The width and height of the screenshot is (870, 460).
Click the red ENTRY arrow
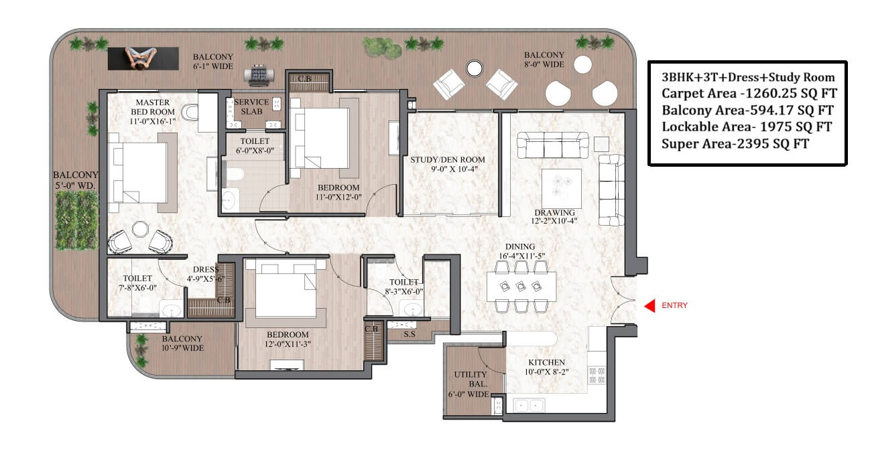click(x=649, y=305)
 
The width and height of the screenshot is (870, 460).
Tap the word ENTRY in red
click(x=674, y=305)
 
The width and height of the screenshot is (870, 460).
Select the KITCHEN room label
click(x=546, y=362)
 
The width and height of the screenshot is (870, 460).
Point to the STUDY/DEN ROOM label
click(x=448, y=159)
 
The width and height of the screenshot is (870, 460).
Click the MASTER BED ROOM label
click(x=153, y=107)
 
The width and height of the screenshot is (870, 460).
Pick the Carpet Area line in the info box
click(x=749, y=94)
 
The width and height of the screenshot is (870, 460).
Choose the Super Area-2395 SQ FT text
click(x=735, y=144)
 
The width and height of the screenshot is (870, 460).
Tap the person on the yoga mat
click(x=141, y=58)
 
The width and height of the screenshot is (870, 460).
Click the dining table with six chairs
click(x=521, y=287)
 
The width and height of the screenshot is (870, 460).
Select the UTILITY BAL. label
click(x=471, y=379)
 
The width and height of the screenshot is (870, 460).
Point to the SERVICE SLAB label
click(x=251, y=106)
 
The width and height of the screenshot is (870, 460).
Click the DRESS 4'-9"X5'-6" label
click(x=206, y=274)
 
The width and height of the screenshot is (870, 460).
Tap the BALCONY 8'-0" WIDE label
click(x=544, y=60)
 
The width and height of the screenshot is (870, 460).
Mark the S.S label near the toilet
click(x=410, y=334)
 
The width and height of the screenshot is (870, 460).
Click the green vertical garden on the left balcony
click(x=76, y=220)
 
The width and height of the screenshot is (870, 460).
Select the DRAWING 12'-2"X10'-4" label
click(x=554, y=216)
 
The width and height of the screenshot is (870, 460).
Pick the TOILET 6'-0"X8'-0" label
click(x=255, y=145)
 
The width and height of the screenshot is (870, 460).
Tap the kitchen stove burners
click(x=597, y=375)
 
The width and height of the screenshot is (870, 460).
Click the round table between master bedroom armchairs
click(x=140, y=229)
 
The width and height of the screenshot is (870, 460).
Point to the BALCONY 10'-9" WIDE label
click(x=182, y=343)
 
